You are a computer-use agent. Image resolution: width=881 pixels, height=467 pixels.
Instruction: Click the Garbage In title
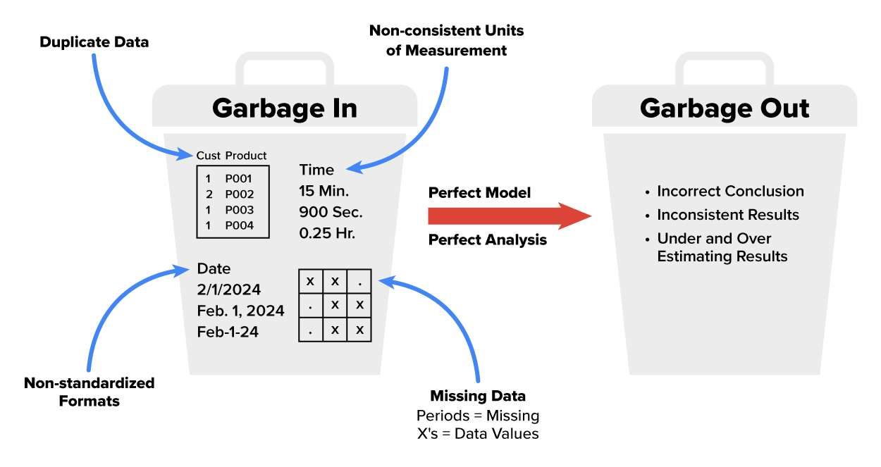point(284,108)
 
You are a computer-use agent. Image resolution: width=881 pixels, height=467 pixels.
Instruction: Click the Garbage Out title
point(725,108)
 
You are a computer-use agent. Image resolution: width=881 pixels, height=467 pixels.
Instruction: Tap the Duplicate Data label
point(94,42)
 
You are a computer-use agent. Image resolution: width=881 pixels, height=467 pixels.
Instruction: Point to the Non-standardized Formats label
point(89,392)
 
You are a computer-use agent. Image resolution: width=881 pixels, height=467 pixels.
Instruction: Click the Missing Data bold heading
point(478,396)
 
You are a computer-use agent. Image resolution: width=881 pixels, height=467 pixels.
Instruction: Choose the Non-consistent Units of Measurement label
point(447,41)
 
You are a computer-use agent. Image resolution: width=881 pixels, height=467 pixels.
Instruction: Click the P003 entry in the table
point(239,210)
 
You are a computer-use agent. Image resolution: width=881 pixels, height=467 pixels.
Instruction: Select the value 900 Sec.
point(331,212)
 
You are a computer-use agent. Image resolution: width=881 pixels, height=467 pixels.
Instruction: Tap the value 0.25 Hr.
point(327,233)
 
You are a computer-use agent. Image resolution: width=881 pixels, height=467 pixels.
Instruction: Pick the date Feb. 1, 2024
point(240,311)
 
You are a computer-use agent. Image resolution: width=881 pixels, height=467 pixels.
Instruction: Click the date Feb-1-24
point(228,331)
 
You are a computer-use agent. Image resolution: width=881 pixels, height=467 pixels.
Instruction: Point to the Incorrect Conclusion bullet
point(730,192)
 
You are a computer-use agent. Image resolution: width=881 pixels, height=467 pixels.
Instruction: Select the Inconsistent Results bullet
point(728,215)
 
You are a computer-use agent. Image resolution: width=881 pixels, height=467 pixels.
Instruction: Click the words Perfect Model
point(479,193)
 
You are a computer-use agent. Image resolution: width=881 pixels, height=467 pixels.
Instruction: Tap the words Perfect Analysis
point(488,240)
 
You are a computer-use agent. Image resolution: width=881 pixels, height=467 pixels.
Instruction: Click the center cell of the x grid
point(335,305)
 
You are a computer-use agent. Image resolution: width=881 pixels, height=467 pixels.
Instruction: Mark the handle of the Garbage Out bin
point(724,67)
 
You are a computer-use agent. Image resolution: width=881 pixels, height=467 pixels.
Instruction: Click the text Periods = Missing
point(478,416)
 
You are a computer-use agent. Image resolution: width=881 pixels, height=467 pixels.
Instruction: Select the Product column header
point(246,156)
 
